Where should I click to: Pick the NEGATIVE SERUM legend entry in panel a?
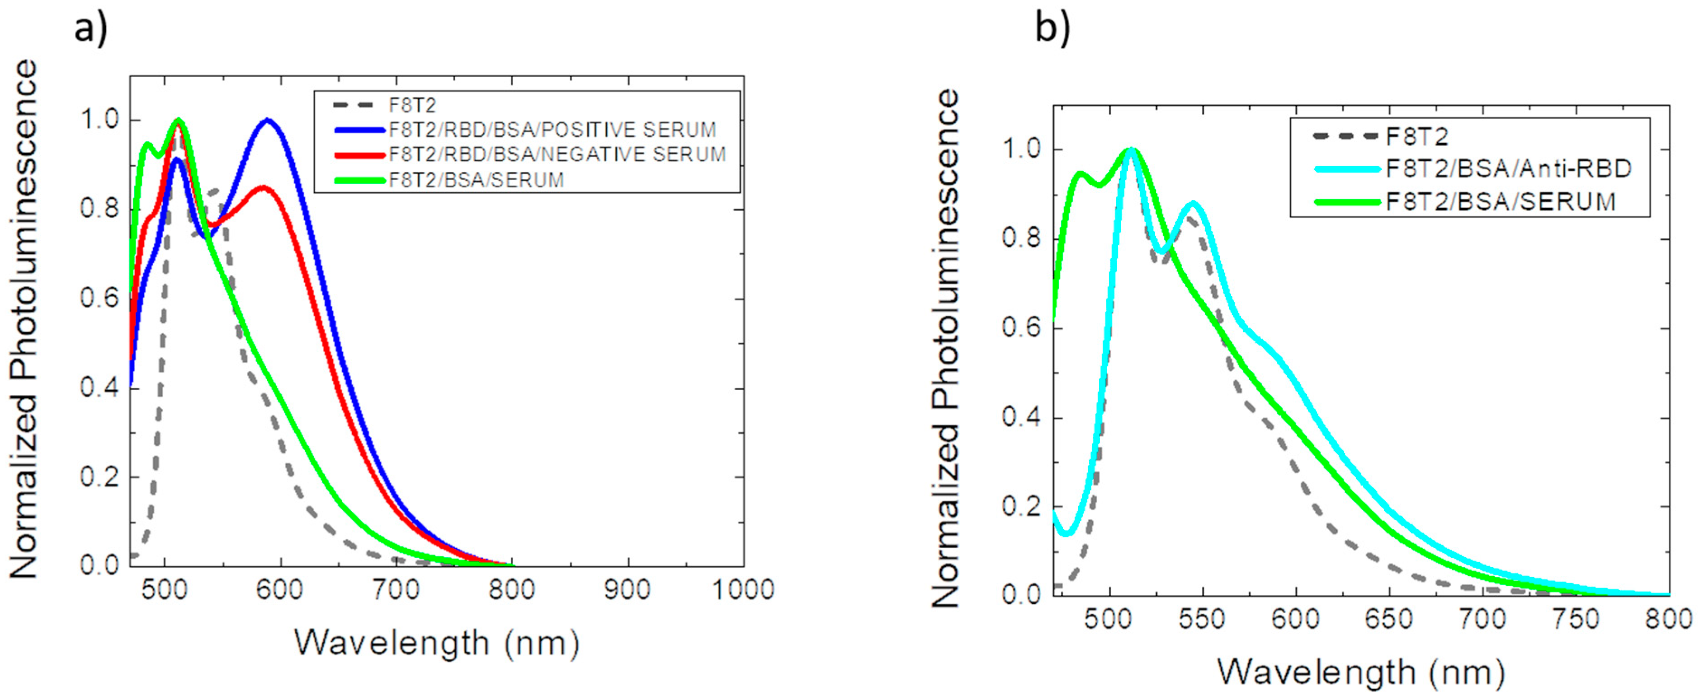(557, 154)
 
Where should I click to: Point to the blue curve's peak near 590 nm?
(268, 121)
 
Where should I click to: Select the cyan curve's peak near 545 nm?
(1193, 204)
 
